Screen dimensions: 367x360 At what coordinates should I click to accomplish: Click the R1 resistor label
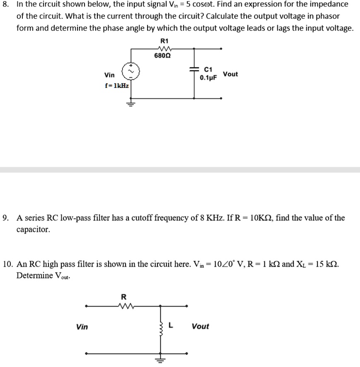point(164,41)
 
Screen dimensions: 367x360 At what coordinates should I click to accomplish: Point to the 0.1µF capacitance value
point(208,77)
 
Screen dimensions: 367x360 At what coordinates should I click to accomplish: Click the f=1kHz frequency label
point(117,86)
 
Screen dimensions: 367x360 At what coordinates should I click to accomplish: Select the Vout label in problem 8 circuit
point(230,74)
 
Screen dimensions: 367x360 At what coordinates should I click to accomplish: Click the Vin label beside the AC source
point(110,75)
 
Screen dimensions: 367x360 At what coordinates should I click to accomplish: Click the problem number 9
point(6,218)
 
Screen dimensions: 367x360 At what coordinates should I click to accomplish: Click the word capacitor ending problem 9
point(33,229)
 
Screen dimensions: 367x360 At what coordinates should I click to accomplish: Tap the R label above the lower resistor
point(123,297)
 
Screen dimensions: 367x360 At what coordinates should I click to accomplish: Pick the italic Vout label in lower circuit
point(200,326)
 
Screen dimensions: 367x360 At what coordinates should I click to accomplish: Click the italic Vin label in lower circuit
point(82,327)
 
